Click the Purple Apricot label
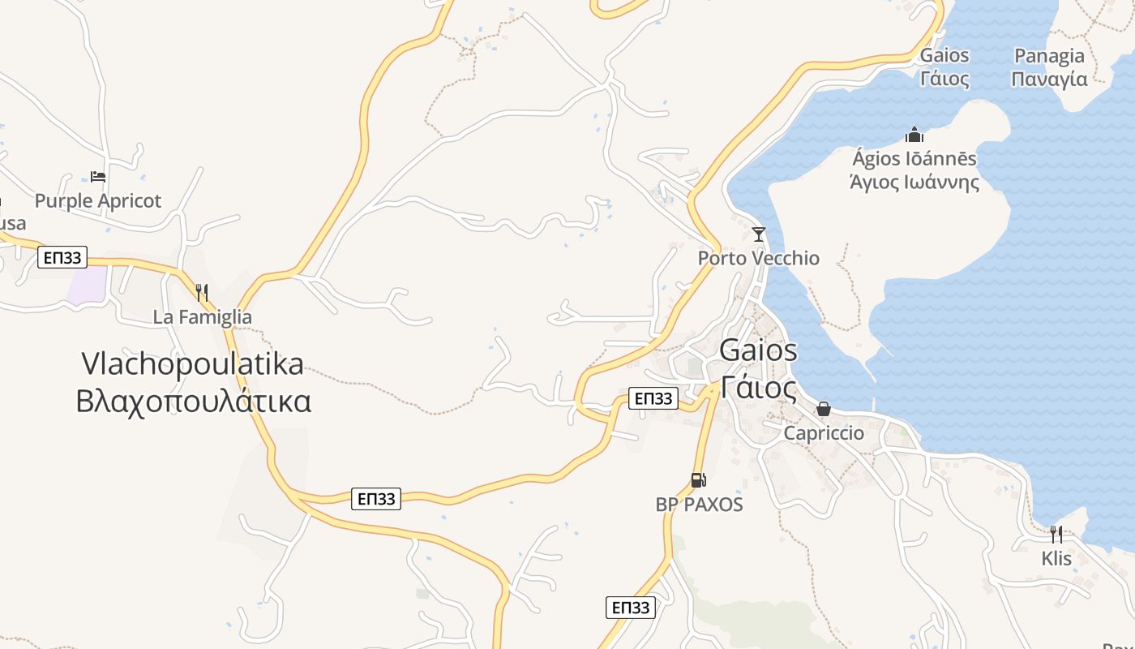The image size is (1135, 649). (98, 200)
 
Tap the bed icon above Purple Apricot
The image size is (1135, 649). (98, 176)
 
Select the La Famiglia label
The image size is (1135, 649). (202, 317)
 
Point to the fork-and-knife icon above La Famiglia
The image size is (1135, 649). (202, 292)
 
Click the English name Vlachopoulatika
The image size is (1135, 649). (192, 363)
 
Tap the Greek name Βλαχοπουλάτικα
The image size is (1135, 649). (193, 402)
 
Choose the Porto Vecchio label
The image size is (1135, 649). (759, 258)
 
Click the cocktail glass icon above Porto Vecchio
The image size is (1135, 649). (759, 234)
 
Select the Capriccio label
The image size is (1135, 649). (824, 433)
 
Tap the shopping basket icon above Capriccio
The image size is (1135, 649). (824, 409)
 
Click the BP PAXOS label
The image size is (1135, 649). (699, 505)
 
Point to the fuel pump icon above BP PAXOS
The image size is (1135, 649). (698, 480)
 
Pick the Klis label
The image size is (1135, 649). (1056, 559)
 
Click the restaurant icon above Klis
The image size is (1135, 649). (1056, 534)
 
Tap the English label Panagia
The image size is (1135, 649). (1050, 56)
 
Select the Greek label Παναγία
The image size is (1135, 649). (1050, 79)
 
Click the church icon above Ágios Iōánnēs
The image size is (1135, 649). (914, 134)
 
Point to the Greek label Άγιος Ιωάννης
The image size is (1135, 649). (914, 182)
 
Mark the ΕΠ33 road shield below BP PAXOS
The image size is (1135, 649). (630, 608)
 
